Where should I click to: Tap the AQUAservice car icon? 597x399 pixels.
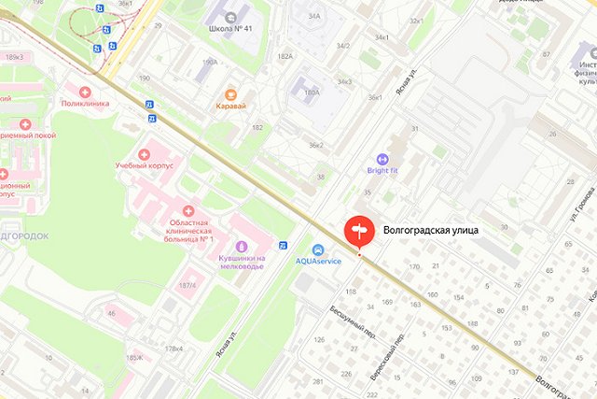pyautogui.click(x=318, y=249)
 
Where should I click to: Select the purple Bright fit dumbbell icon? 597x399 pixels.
pyautogui.click(x=382, y=159)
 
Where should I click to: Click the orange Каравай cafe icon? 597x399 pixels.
pyautogui.click(x=227, y=93)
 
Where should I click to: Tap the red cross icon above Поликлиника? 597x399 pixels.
pyautogui.click(x=86, y=92)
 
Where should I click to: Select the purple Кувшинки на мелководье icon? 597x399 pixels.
pyautogui.click(x=241, y=247)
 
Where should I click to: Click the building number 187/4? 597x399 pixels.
pyautogui.click(x=187, y=285)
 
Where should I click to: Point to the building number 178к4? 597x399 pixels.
pyautogui.click(x=174, y=349)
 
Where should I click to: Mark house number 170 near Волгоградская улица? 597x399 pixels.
pyautogui.click(x=414, y=267)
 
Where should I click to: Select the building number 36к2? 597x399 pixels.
pyautogui.click(x=317, y=145)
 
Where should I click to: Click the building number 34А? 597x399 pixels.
pyautogui.click(x=314, y=16)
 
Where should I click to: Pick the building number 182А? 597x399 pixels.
pyautogui.click(x=284, y=57)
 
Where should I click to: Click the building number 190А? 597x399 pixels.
pyautogui.click(x=210, y=63)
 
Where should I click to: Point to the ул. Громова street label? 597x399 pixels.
pyautogui.click(x=575, y=207)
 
